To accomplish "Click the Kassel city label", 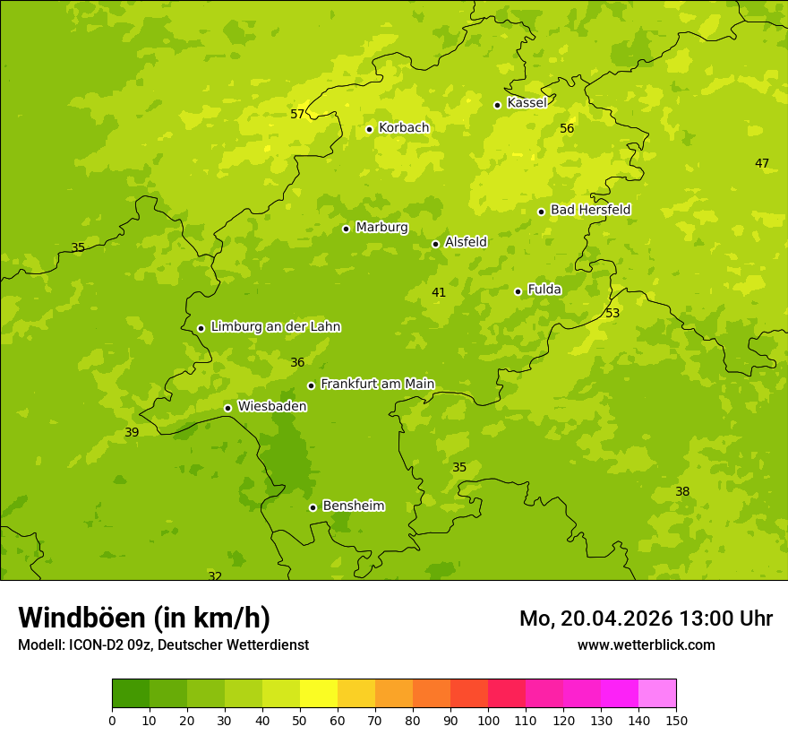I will click(x=527, y=103).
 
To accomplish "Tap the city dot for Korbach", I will click(x=369, y=129).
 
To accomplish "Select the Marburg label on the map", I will click(x=381, y=228).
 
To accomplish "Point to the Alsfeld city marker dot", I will click(x=435, y=244).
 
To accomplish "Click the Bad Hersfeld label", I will click(x=590, y=210).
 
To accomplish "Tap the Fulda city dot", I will click(x=518, y=291).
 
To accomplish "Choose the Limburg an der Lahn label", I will click(x=275, y=327).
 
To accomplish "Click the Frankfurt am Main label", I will click(x=377, y=384).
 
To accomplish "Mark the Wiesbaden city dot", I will click(x=227, y=408).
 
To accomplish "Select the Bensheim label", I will click(x=353, y=506).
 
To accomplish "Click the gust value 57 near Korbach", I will click(x=297, y=114).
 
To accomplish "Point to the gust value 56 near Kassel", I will click(x=567, y=128).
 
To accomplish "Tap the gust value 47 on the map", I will click(x=762, y=163).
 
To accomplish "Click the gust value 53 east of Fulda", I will click(x=612, y=313).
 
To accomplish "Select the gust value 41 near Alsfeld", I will click(x=439, y=292).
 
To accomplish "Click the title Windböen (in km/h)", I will click(x=144, y=618).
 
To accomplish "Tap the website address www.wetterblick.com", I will click(x=646, y=645).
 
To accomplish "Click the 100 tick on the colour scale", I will click(x=488, y=720).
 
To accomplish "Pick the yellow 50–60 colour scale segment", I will click(x=319, y=694).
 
